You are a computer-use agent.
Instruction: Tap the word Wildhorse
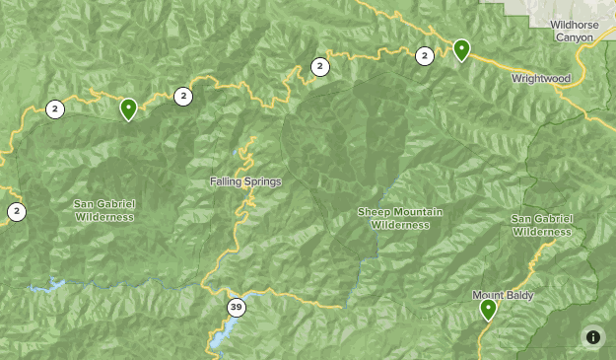point(574,24)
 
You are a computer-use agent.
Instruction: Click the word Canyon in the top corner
point(574,36)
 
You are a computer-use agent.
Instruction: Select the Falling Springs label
point(245,181)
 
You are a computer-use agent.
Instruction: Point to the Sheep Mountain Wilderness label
point(400,218)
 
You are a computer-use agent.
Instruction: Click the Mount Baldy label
point(502,294)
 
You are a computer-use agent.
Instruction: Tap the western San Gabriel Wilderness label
point(103,210)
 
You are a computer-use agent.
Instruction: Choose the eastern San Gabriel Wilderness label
point(541,225)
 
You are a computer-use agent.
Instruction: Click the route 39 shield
point(236,308)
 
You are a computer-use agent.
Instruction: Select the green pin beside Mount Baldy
point(488,310)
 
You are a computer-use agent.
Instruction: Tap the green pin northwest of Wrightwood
point(461,49)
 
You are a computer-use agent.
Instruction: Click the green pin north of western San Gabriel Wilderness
point(128,108)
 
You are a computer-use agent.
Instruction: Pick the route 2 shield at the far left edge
point(17,210)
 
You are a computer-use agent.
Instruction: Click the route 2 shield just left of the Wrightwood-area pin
point(425,56)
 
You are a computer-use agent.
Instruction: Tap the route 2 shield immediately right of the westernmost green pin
point(182,96)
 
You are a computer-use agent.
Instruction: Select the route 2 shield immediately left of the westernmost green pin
point(55,108)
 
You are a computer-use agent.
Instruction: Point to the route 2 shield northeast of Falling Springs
point(319,67)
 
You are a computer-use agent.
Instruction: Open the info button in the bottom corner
point(592,336)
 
